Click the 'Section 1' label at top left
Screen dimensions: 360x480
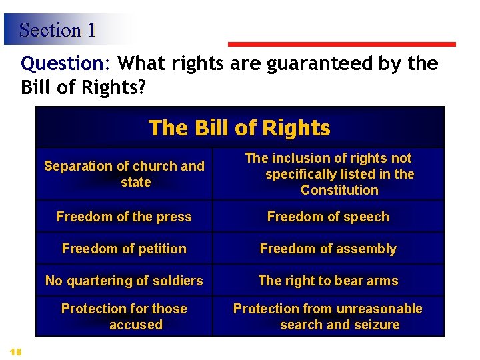point(57,30)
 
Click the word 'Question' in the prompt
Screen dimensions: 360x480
point(61,64)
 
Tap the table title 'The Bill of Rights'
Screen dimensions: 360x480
point(239,127)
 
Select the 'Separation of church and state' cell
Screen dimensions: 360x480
point(124,174)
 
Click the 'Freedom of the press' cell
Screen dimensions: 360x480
point(124,217)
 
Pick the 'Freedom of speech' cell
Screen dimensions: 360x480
point(328,217)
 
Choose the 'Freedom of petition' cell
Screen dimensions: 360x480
point(124,249)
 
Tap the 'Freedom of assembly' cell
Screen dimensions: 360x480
point(328,249)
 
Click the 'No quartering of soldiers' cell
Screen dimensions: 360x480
point(124,281)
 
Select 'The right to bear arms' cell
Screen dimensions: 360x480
point(328,281)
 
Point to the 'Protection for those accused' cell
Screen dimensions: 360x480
point(124,317)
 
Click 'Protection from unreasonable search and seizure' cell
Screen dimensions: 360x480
point(328,317)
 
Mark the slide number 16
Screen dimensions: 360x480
point(16,351)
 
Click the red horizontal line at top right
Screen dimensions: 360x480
point(341,45)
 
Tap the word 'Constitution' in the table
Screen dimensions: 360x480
point(339,190)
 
